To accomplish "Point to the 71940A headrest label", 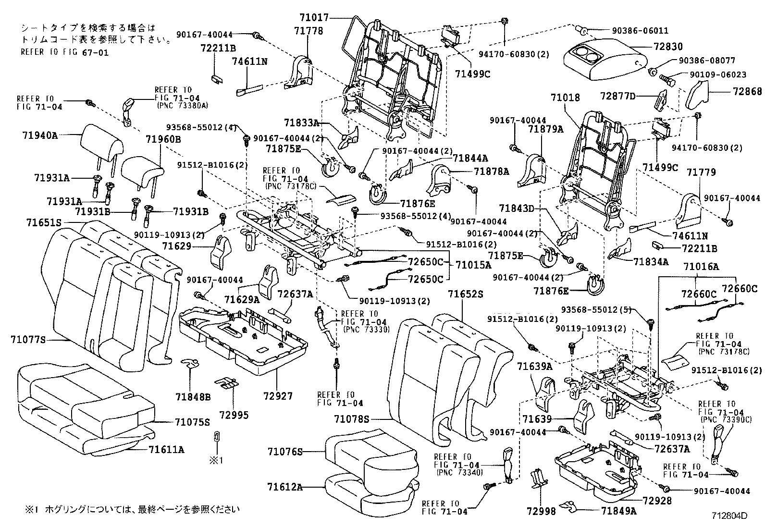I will [39, 135].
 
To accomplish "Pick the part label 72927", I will [278, 396].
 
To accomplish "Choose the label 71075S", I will [192, 422].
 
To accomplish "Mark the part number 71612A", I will [285, 487].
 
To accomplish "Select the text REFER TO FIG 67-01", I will [64, 52].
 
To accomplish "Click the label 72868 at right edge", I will [747, 91].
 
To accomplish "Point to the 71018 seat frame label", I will [565, 98].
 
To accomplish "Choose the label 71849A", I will [618, 512].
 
